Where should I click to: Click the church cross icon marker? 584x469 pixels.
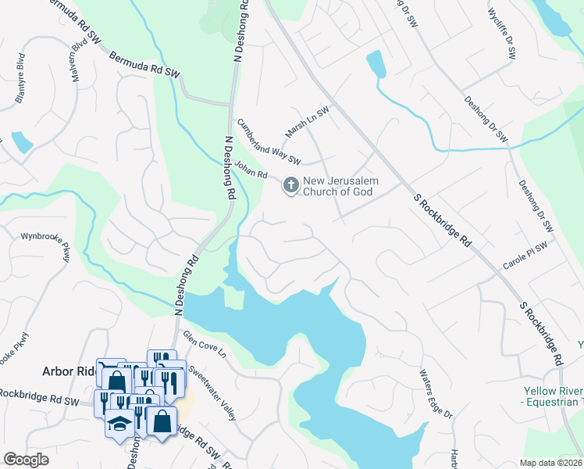(x=290, y=186)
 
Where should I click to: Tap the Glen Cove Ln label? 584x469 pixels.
(x=204, y=345)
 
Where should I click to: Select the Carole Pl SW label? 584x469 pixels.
(x=525, y=256)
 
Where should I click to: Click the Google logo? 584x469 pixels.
(x=27, y=459)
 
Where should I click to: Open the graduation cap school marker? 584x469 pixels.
(x=119, y=423)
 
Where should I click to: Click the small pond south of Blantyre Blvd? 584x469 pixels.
(x=21, y=142)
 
